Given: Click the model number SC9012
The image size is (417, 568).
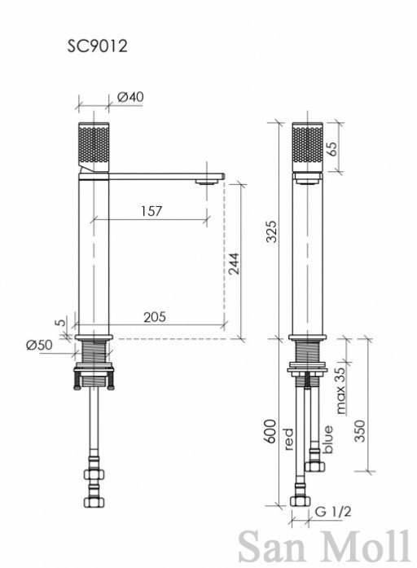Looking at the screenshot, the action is point(97,46).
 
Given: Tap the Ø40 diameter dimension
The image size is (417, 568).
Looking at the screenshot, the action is point(130,97).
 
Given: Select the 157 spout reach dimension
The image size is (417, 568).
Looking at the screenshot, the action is point(151,211).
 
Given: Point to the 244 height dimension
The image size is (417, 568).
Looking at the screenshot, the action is point(234,264).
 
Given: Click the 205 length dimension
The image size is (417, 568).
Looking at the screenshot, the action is point(155,317).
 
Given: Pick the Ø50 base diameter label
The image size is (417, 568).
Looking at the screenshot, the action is point(39,345).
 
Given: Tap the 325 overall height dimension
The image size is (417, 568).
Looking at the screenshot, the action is point(271,231).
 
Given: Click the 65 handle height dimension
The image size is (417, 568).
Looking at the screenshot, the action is point(332,148).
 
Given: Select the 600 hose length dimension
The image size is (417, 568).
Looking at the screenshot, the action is point(270,431).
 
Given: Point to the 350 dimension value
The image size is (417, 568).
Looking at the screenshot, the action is point(359,431).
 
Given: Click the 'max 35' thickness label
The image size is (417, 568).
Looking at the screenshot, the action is point(341,390).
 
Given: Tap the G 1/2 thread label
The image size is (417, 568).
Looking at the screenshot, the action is point(333,512).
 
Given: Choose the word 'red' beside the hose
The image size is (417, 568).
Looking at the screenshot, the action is point(288,439).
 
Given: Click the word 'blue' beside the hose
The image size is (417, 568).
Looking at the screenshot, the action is point(328,439).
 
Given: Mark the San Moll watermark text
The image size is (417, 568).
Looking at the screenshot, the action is point(324,547).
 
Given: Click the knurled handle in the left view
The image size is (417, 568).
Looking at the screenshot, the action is point(94,148).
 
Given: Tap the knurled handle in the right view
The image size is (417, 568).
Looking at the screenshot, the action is point(307,148).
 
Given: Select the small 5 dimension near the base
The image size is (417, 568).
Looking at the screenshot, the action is point(62,321).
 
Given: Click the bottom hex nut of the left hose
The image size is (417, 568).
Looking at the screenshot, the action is point(94,502).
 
